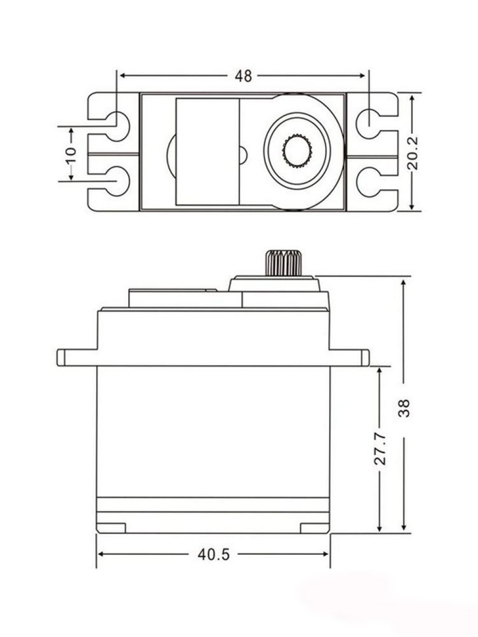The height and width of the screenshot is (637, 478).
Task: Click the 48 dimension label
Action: pyautogui.click(x=243, y=76)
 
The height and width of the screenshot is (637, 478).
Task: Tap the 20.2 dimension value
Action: pyautogui.click(x=412, y=153)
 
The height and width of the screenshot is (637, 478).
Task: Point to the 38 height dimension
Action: pyautogui.click(x=404, y=408)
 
